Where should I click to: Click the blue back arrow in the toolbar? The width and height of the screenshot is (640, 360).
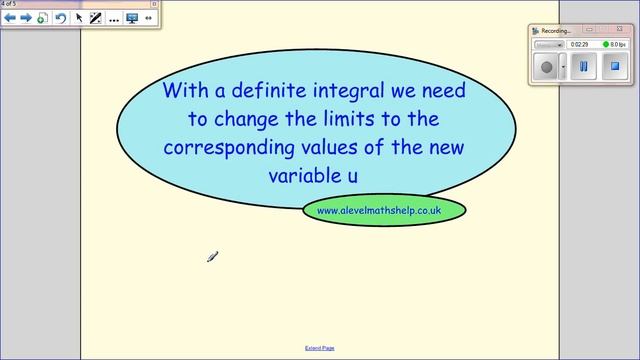click(x=10, y=18)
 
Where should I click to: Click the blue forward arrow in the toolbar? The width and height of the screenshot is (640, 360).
click(x=26, y=18)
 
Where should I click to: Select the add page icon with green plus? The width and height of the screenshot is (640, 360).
click(x=42, y=18)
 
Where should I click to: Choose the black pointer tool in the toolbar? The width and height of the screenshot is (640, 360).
click(x=79, y=18)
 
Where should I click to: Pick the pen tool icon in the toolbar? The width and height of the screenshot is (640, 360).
click(x=96, y=18)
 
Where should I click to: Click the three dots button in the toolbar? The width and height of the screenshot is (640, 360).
click(x=113, y=18)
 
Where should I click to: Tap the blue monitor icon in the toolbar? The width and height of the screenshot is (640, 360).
click(x=131, y=18)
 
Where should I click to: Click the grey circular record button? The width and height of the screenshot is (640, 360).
click(x=546, y=67)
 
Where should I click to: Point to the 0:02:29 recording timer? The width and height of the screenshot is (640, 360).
click(x=579, y=44)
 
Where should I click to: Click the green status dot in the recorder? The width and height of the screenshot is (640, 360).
click(x=606, y=44)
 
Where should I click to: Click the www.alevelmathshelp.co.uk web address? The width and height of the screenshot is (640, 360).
click(x=379, y=210)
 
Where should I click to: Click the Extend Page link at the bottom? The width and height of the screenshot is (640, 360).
click(x=319, y=348)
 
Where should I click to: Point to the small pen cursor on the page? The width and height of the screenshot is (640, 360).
click(x=212, y=257)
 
